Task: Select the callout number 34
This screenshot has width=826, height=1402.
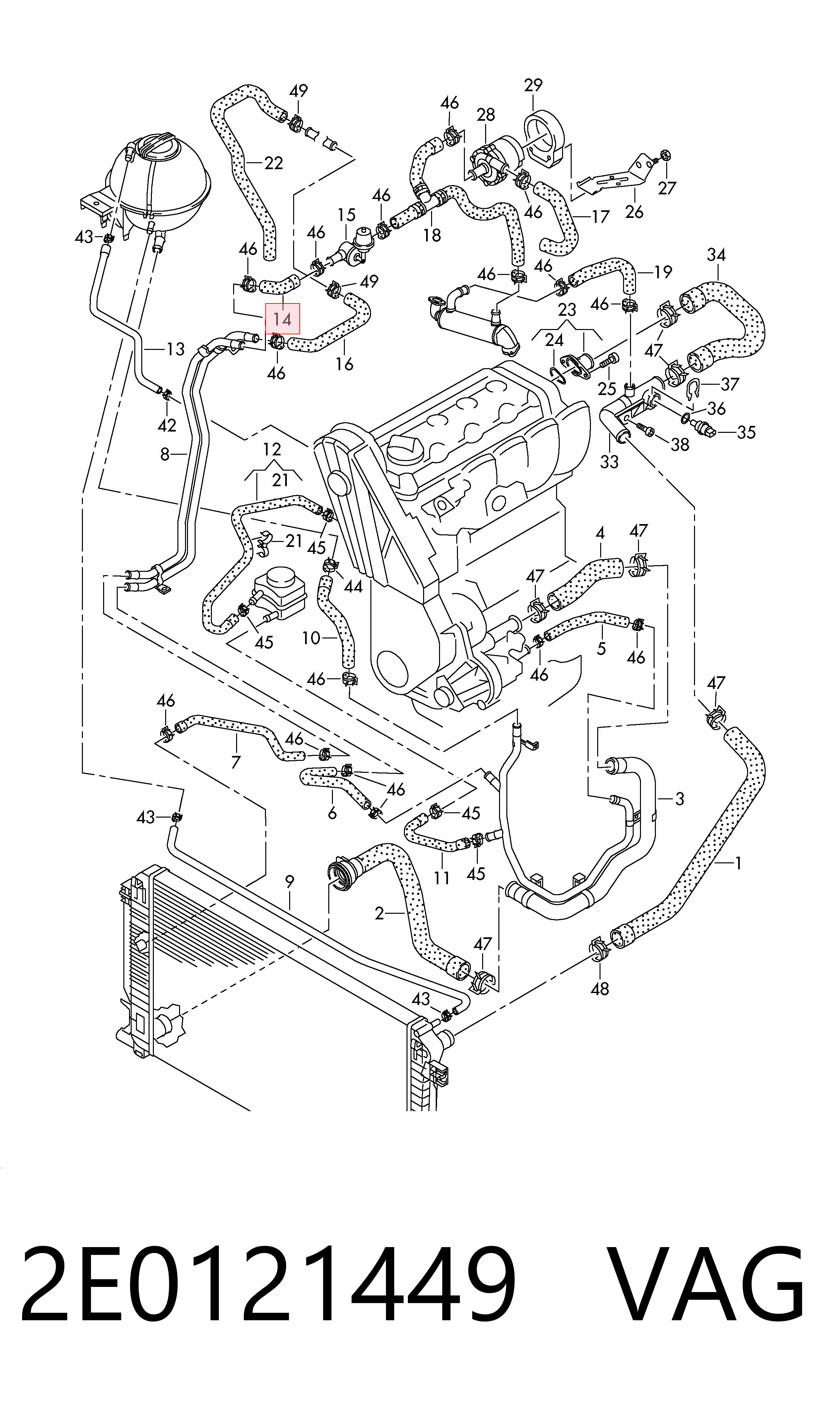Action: click(716, 255)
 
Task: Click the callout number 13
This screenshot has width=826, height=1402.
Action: click(175, 350)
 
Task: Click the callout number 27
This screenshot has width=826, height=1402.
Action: click(666, 188)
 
